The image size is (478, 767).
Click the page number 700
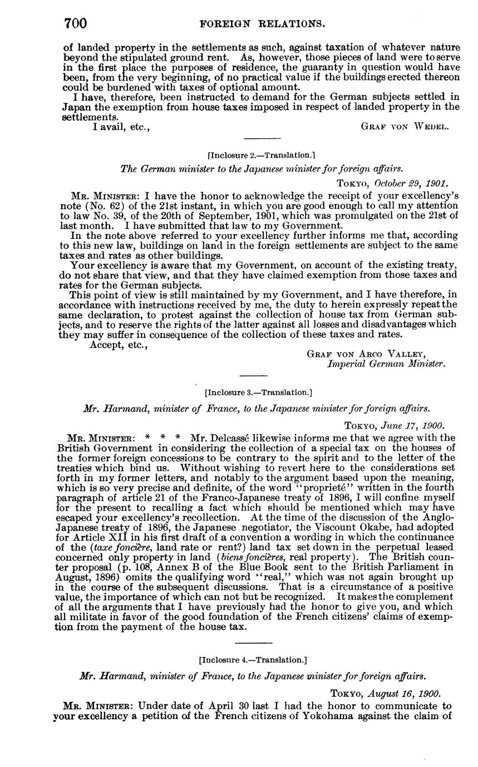[x=76, y=23]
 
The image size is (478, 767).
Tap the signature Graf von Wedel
[x=405, y=126]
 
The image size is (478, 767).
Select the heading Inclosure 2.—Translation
[x=260, y=155]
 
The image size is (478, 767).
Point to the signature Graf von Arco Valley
[x=366, y=354]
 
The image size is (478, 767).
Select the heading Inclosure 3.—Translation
[x=258, y=392]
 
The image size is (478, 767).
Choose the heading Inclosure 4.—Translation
[x=253, y=660]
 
